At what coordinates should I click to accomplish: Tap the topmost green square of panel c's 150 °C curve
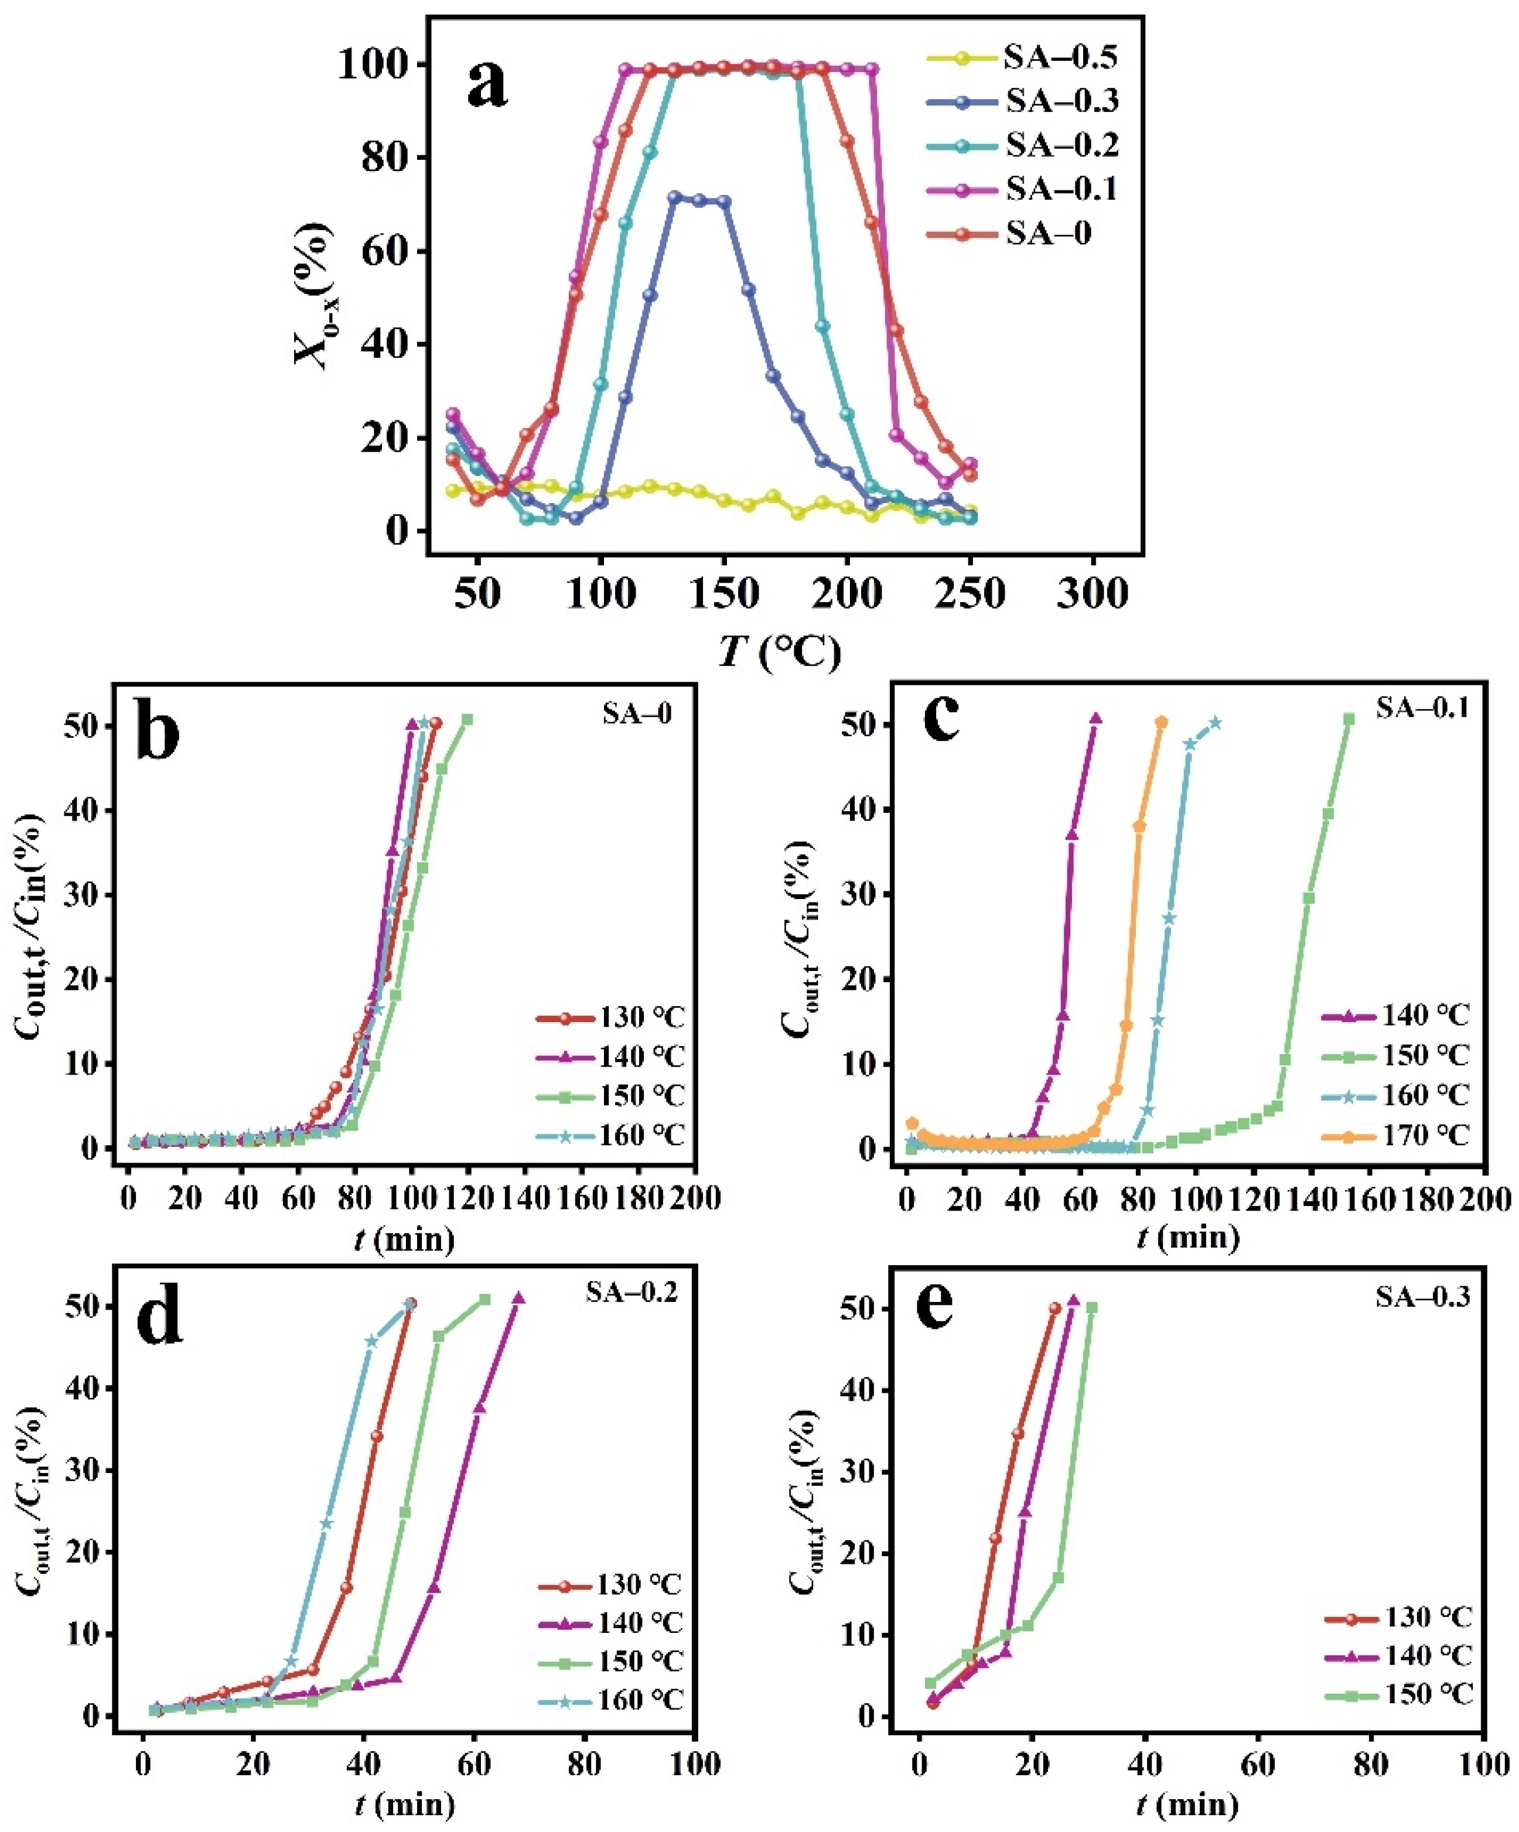(x=1349, y=719)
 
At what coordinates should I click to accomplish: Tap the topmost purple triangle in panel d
(x=518, y=1298)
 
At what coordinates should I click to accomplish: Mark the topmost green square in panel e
(x=1091, y=1307)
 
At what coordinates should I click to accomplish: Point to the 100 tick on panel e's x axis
(x=1483, y=1764)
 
